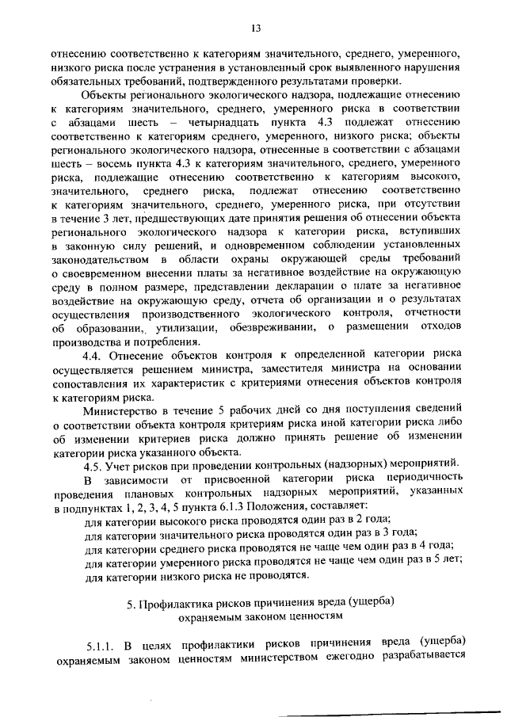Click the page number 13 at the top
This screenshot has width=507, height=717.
[x=256, y=29]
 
